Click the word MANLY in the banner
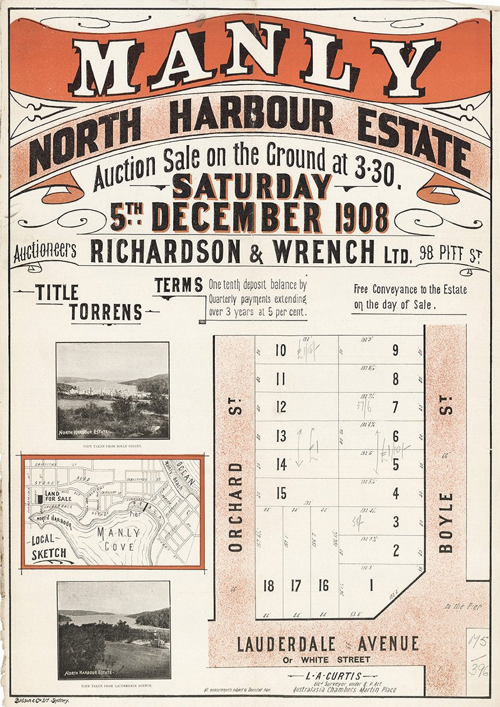253,65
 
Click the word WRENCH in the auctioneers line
322,252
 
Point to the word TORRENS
106,312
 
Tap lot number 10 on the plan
280,351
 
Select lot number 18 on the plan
269,586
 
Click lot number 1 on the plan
372,586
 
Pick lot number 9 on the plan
395,351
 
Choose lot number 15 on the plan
281,493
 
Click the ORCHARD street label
236,507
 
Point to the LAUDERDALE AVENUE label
327,644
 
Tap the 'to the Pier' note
463,606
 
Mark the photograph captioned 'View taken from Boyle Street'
112,391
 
